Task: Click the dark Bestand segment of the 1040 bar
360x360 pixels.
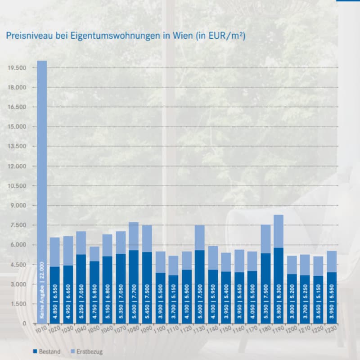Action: coord(81,270)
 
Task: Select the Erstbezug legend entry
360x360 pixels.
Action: coord(86,351)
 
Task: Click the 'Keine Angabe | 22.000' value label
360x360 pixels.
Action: coord(42,290)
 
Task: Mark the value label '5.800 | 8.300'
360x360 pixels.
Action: coord(278,304)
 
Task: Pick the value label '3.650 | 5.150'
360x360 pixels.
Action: coord(318,304)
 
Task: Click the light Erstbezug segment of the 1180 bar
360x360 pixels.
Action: coord(265,238)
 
